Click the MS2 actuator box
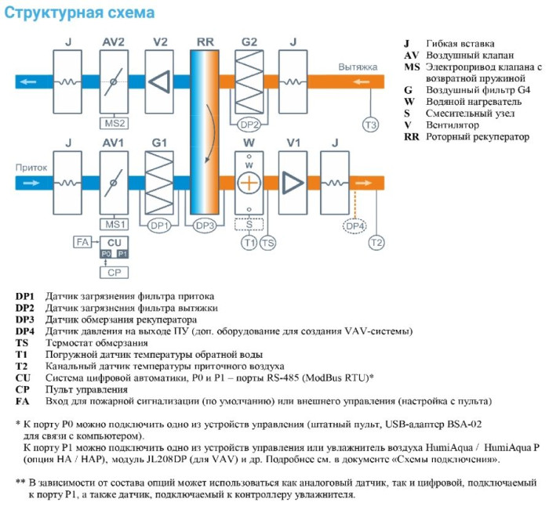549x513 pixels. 115,123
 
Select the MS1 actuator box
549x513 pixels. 115,224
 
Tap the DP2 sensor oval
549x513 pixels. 249,124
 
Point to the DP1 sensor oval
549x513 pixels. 158,225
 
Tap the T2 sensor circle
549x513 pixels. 376,243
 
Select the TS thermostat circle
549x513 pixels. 268,243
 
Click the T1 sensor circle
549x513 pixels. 249,243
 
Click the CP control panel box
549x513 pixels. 115,273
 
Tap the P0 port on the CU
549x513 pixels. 105,254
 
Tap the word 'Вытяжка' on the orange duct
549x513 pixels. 357,67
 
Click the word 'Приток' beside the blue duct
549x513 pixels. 31,168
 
